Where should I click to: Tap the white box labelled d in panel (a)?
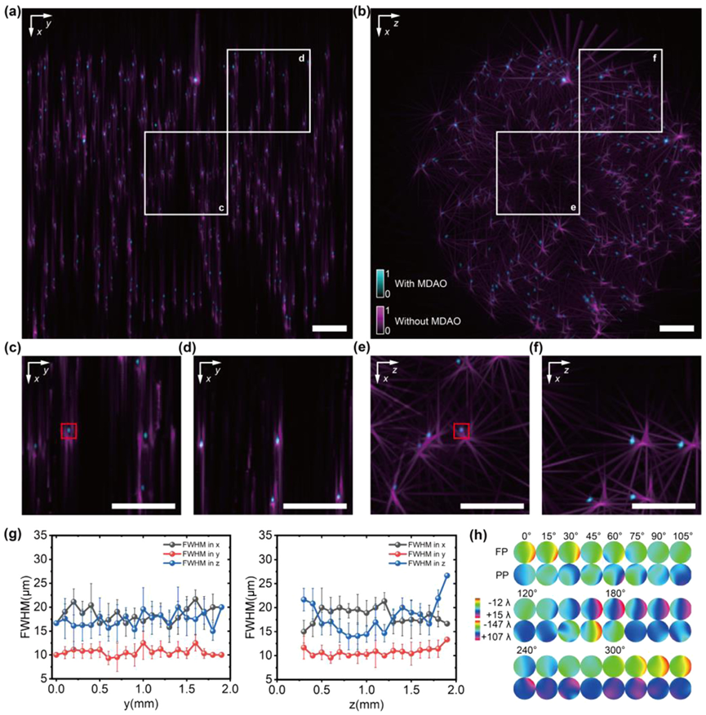click(x=269, y=90)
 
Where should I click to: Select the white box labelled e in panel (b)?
click(x=538, y=173)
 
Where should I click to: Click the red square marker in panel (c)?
click(x=69, y=430)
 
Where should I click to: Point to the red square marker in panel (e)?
click(x=461, y=430)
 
